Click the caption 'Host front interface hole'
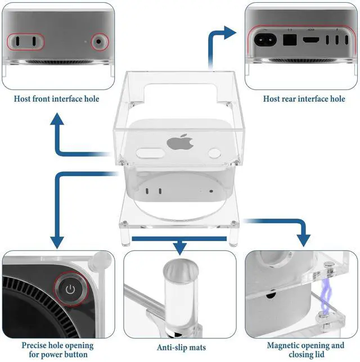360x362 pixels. tap(57, 99)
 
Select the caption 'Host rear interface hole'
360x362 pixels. tap(304, 99)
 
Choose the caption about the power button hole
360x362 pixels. tap(55, 350)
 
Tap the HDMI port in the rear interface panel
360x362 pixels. tap(310, 40)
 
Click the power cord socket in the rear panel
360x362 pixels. tap(264, 40)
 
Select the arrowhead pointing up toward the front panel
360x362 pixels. tap(57, 120)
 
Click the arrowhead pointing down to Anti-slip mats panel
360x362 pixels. tap(179, 247)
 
